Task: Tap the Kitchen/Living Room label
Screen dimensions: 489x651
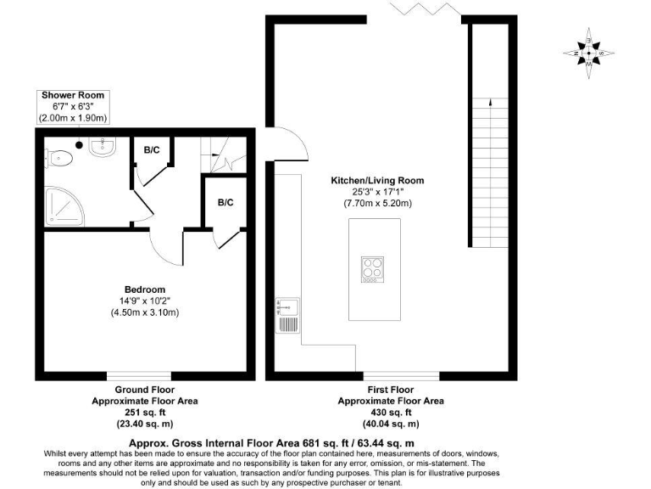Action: coord(377,181)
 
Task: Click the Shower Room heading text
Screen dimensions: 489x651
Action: coord(75,94)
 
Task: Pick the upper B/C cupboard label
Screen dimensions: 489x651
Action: coord(152,150)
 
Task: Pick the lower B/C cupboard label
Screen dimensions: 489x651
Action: coord(225,202)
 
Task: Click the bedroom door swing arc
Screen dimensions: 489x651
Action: coord(166,247)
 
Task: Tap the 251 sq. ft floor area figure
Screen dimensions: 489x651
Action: coord(144,412)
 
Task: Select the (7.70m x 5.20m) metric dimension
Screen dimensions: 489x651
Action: coord(377,204)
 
